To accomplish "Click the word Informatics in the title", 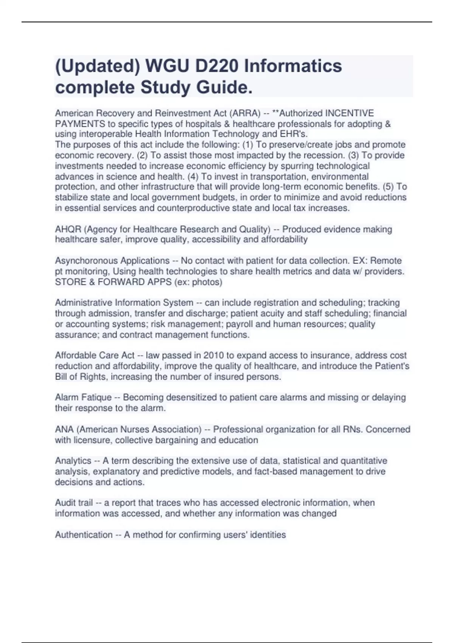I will pyautogui.click(x=293, y=66).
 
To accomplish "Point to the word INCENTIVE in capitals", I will pyautogui.click(x=350, y=113).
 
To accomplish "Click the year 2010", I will pyautogui.click(x=213, y=355).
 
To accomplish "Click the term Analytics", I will pyautogui.click(x=73, y=461).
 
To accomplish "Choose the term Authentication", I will pyautogui.click(x=84, y=534).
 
